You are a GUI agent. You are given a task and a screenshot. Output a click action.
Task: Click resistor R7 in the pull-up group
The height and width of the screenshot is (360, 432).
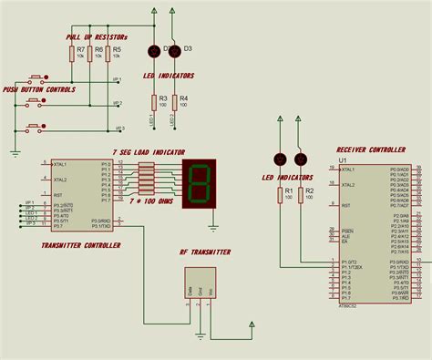tap(71, 55)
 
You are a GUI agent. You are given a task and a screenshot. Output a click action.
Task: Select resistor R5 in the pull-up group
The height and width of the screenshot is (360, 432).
tap(115, 55)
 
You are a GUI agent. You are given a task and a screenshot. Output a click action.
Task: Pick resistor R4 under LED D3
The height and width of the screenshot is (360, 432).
tap(175, 102)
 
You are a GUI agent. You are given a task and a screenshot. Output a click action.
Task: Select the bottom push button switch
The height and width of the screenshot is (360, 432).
tap(37, 126)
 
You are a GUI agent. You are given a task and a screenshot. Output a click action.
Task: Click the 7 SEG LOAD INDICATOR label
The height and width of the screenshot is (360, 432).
tap(148, 151)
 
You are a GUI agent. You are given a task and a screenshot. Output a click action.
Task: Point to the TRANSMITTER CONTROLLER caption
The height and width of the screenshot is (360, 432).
tap(81, 244)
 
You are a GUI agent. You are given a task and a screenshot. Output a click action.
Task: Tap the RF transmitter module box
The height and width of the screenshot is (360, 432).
tap(199, 282)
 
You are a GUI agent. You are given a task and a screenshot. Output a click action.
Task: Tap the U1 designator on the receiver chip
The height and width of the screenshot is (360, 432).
tap(343, 160)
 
